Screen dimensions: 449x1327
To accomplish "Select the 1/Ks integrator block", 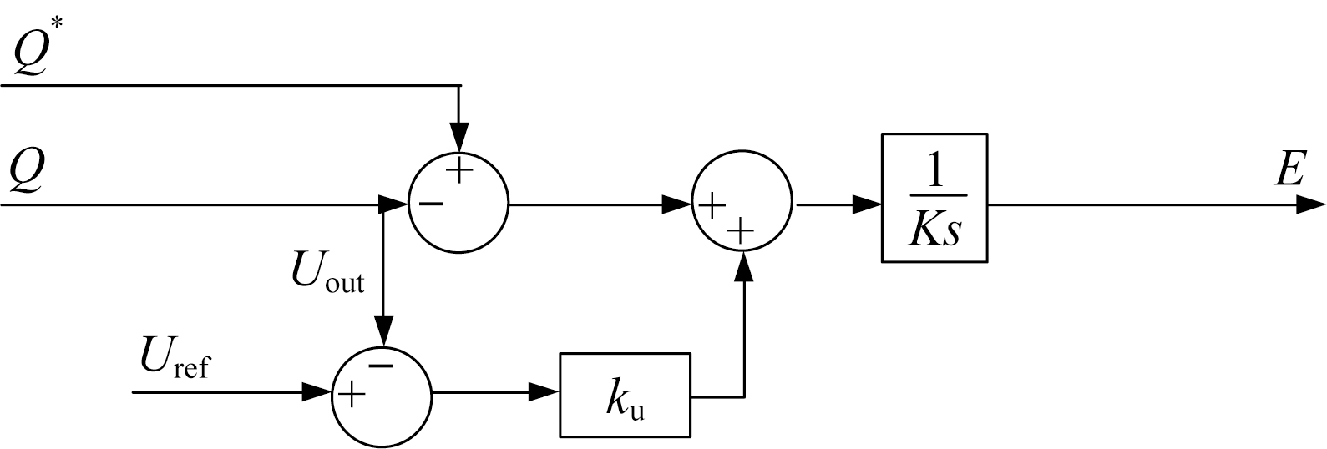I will (934, 198).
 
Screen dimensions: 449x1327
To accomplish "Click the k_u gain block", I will (625, 395).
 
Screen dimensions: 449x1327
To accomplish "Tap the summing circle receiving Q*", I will (458, 203).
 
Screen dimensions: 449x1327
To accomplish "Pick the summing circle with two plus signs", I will (742, 204).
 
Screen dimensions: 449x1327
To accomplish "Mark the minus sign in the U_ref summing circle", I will (381, 366).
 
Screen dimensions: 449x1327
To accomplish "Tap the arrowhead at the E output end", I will (1313, 204).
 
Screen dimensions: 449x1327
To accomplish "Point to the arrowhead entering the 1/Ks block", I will (869, 204).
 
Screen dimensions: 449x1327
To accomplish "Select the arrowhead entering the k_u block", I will (546, 392).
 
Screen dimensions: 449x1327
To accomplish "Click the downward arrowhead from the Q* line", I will (458, 137).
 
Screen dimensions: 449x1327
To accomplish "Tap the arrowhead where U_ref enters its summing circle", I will (317, 392).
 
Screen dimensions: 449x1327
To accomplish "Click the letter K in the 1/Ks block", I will (924, 230).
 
